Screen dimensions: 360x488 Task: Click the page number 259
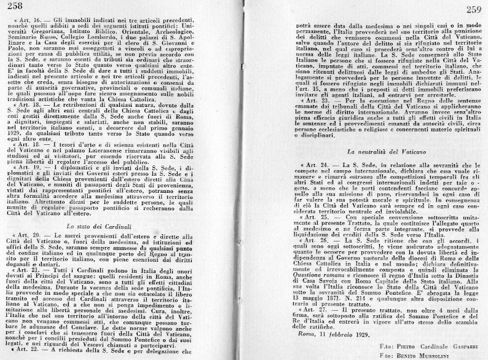pos(473,9)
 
